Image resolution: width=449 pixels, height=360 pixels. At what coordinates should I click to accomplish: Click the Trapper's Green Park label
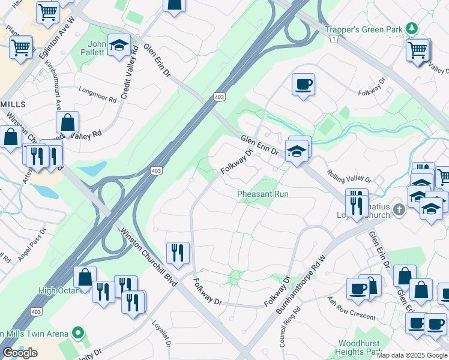tap(364, 29)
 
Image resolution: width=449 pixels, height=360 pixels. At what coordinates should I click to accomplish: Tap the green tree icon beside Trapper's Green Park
tap(412, 28)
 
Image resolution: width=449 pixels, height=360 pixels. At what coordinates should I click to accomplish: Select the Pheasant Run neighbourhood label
tap(262, 194)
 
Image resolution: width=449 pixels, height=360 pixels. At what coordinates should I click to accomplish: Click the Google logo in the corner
tap(20, 353)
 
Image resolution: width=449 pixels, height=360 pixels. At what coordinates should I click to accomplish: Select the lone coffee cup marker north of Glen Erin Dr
tap(303, 84)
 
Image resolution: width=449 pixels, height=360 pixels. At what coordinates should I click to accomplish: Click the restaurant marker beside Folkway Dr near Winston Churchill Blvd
tap(177, 253)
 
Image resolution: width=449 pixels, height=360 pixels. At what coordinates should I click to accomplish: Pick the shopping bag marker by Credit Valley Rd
tap(68, 122)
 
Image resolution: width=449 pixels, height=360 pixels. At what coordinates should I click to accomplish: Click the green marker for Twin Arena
tap(77, 332)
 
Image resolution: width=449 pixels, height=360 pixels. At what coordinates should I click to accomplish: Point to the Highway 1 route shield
tap(334, 38)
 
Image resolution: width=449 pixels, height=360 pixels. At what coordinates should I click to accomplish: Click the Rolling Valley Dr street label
tap(349, 178)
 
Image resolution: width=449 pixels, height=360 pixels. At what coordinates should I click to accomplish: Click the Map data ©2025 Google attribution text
tap(412, 355)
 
